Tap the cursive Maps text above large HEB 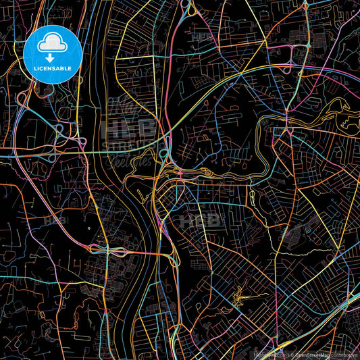point(125,108)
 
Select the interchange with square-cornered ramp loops point(51,132)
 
